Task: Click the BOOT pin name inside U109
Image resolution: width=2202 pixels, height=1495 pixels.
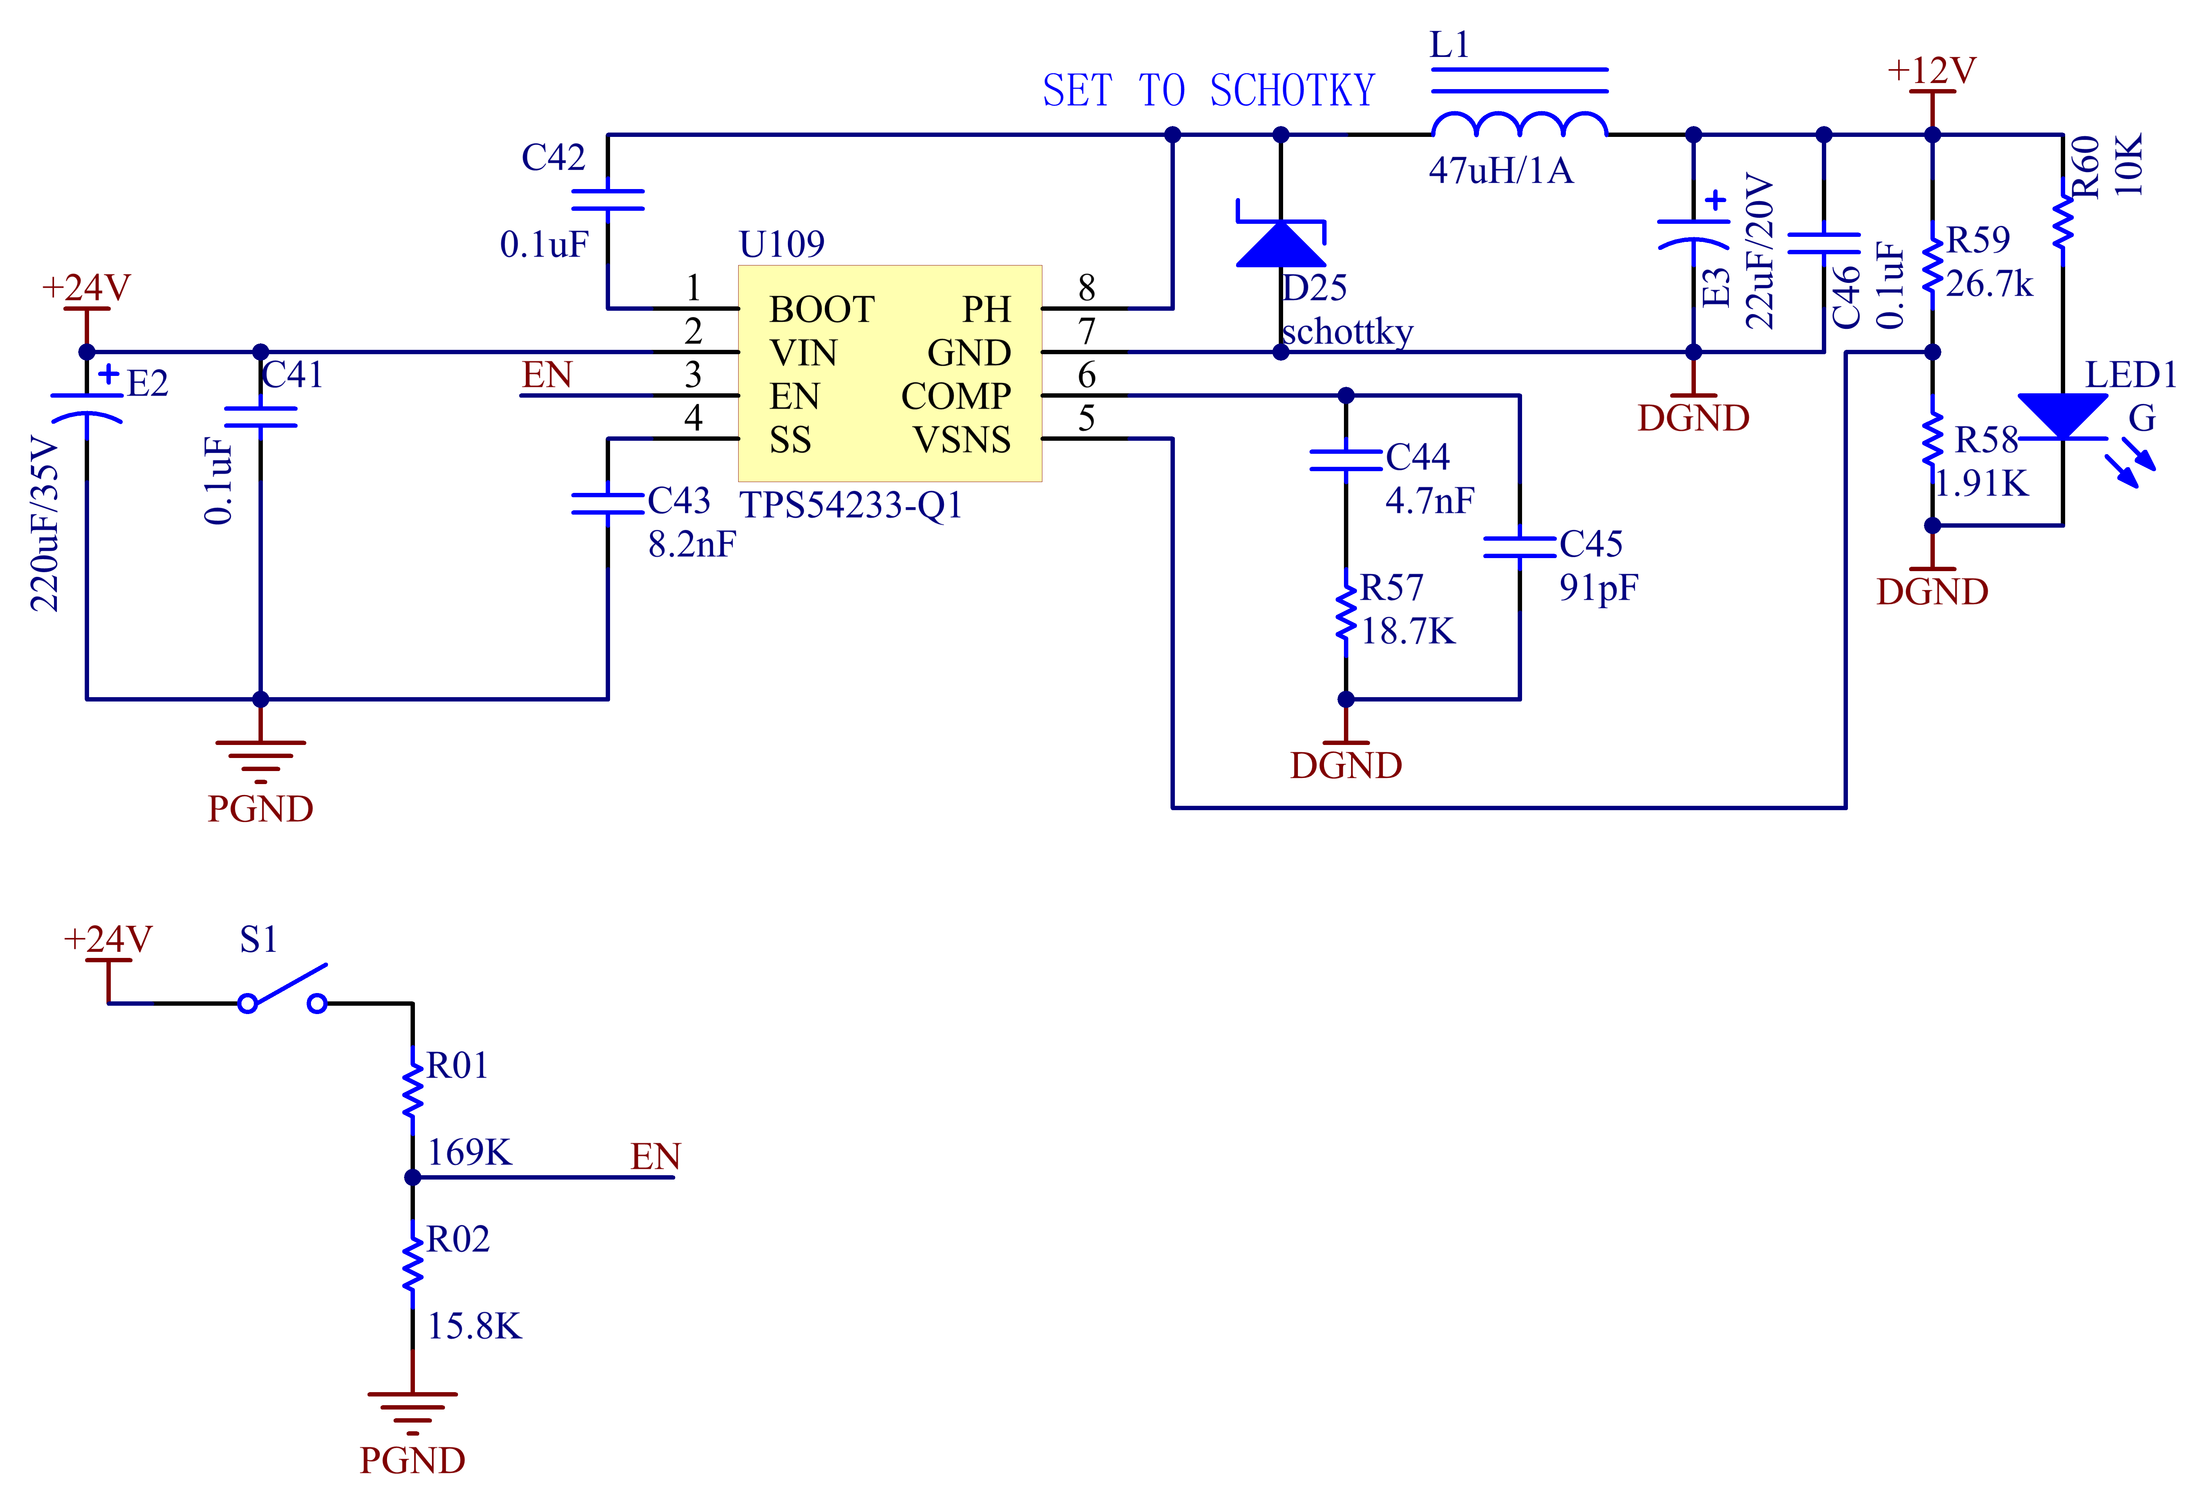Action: coord(821,309)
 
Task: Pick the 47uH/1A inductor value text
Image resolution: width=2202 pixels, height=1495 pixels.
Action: coord(1501,171)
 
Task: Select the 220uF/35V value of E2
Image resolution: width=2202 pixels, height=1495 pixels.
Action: coord(45,523)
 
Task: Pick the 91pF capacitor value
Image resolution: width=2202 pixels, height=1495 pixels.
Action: coord(1598,588)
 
